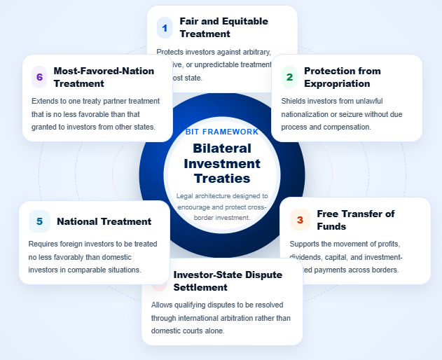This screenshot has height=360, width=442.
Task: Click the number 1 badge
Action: (x=165, y=28)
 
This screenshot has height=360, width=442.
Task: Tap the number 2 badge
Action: (x=289, y=77)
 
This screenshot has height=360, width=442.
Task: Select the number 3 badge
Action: (x=300, y=220)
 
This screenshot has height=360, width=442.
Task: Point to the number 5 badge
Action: (x=39, y=221)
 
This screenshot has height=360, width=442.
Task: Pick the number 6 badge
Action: (x=39, y=77)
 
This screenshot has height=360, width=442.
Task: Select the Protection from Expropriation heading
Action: (x=343, y=77)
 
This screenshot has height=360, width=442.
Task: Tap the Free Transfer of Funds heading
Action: (x=356, y=220)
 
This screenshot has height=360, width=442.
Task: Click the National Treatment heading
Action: (x=104, y=221)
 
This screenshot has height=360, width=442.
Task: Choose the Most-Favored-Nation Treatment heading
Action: (x=103, y=77)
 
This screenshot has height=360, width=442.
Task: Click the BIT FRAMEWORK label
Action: (x=221, y=132)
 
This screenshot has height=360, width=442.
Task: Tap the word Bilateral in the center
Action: (x=221, y=148)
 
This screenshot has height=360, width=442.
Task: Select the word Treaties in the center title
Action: (x=221, y=179)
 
